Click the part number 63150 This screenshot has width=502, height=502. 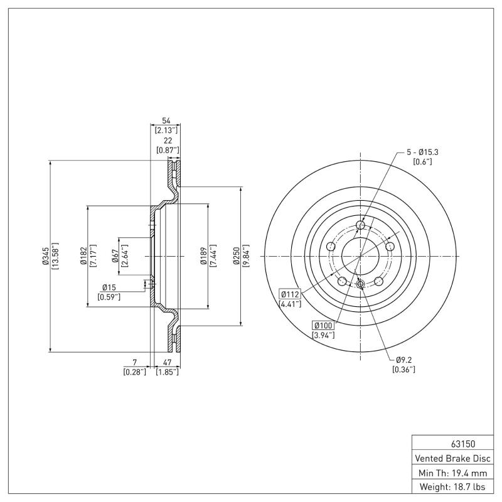point(451,442)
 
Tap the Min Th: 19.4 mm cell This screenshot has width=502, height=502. point(451,472)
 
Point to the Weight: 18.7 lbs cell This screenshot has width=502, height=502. point(451,487)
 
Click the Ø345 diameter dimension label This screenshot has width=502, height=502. point(46,256)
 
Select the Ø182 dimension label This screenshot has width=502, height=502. point(83,256)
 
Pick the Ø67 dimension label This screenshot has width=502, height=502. point(116,256)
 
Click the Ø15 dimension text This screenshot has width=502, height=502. point(110,287)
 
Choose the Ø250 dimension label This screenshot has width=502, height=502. point(237,256)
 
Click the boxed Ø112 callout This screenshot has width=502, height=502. point(289,294)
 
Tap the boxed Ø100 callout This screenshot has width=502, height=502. point(323,324)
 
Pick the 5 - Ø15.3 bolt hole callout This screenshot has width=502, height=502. point(422,152)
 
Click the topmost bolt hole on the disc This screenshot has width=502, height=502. point(360,225)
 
